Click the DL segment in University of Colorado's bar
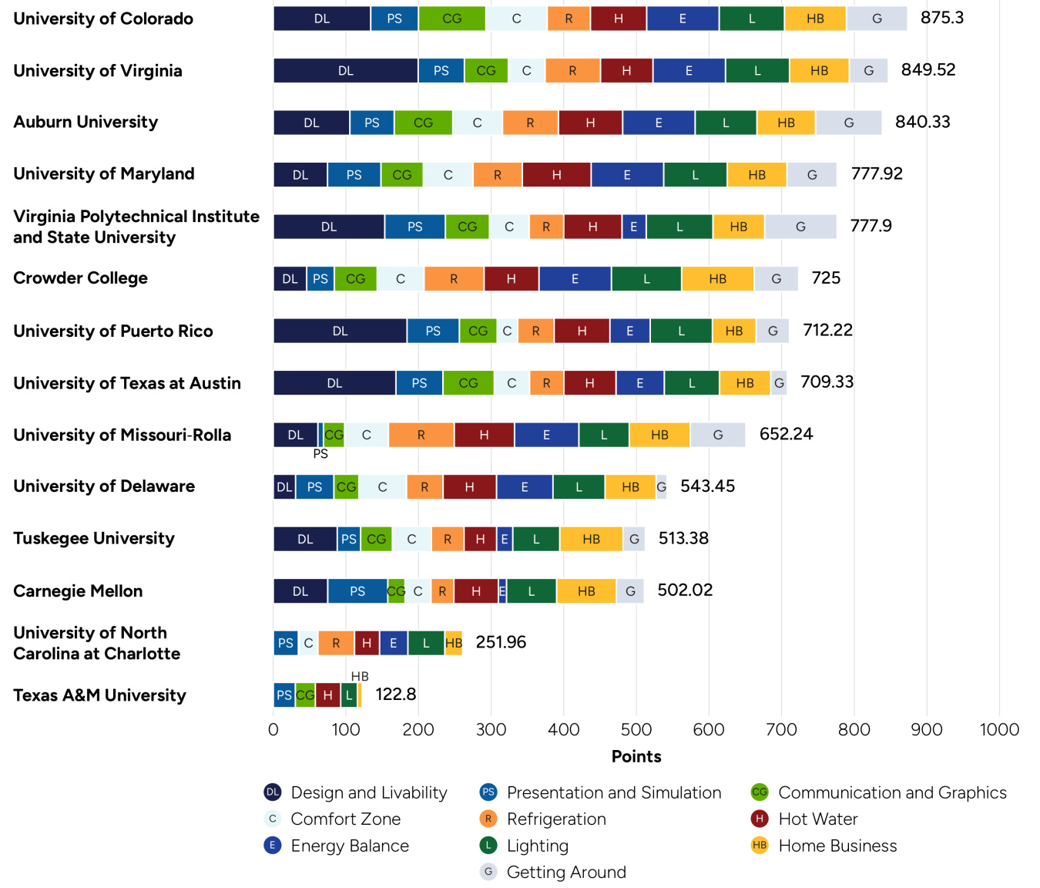[322, 18]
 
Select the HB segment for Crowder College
[717, 279]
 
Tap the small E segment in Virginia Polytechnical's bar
[634, 227]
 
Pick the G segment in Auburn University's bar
[848, 123]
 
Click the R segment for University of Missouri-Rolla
[421, 435]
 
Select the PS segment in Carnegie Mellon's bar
[357, 591]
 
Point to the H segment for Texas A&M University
[327, 695]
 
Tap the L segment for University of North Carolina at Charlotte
[426, 643]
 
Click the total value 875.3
[941, 18]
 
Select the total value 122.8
[395, 695]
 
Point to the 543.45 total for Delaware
[707, 486]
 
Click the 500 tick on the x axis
[636, 730]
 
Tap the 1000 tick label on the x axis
[999, 730]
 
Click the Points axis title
[636, 756]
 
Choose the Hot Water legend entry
[817, 819]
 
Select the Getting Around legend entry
[565, 873]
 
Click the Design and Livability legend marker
[273, 792]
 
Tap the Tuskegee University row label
[94, 539]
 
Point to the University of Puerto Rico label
[113, 331]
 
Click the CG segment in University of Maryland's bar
[402, 175]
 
